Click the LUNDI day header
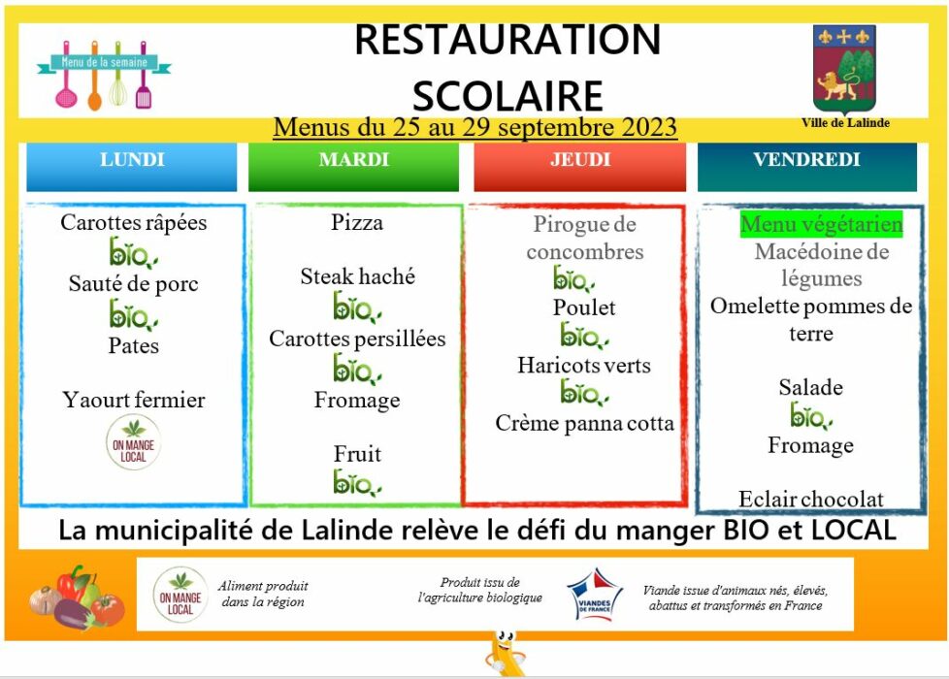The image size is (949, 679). tap(131, 167)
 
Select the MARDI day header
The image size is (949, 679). tap(353, 167)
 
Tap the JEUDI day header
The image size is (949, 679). tap(580, 167)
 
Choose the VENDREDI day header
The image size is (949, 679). tap(806, 167)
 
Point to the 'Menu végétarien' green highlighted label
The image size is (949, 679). tap(821, 224)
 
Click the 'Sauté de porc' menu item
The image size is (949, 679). tap(133, 284)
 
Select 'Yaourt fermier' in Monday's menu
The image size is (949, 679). tap(133, 400)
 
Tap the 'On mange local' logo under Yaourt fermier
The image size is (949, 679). tap(133, 442)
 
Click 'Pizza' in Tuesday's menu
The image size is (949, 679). tap(357, 223)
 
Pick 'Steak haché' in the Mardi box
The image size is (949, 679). tap(358, 276)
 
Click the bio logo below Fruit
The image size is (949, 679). tap(357, 483)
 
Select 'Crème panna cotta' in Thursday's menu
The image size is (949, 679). tap(584, 423)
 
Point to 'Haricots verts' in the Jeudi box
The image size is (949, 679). tap(584, 366)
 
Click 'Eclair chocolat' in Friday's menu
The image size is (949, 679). tap(811, 500)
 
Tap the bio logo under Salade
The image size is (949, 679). tap(811, 416)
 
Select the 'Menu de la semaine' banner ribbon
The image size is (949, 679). tap(104, 62)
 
